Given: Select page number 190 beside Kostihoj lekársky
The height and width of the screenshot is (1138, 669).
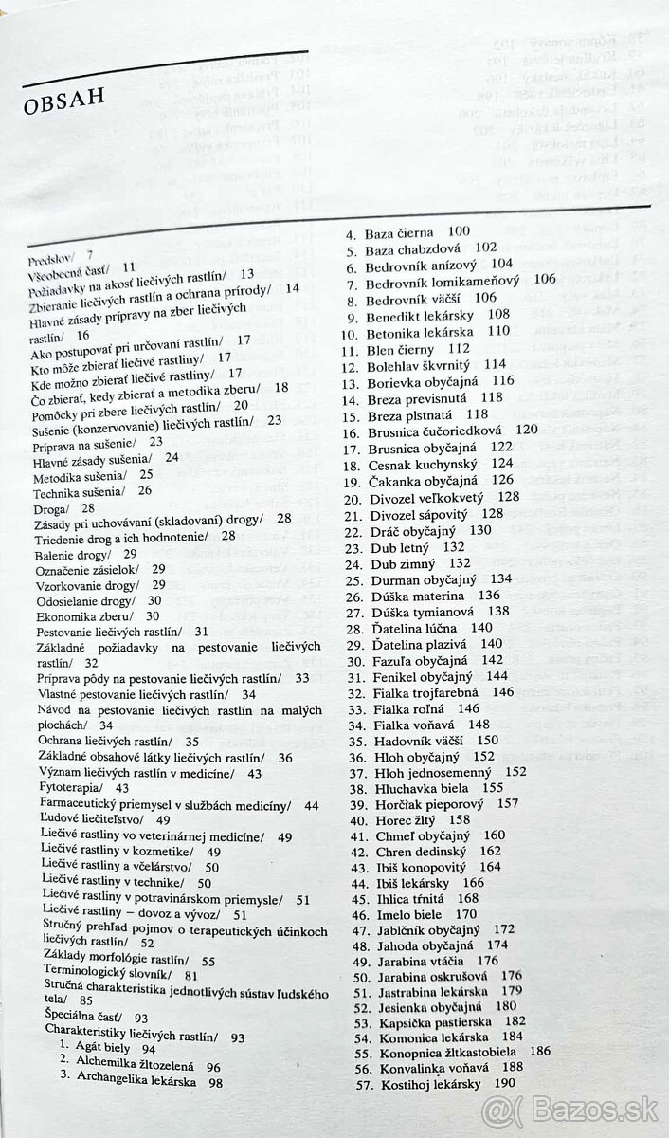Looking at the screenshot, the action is click(x=504, y=1084).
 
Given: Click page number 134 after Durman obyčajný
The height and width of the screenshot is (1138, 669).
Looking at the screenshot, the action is click(x=501, y=578).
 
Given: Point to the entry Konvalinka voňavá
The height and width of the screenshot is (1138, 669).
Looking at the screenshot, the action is click(x=417, y=1067).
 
